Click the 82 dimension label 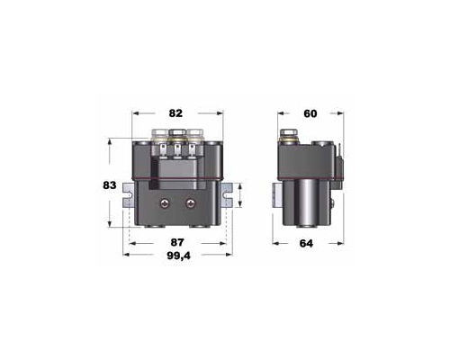[175, 113]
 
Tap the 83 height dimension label [110, 185]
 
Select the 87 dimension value [177, 242]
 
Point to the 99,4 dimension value [178, 256]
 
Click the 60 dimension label [310, 113]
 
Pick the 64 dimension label [306, 243]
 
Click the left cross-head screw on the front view [164, 203]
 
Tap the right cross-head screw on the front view [190, 203]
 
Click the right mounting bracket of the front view [227, 195]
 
